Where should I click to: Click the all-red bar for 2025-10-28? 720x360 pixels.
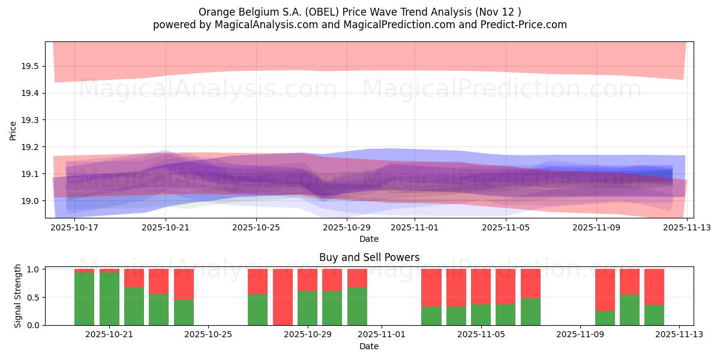[x=283, y=297]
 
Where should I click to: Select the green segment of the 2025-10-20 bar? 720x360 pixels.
[x=85, y=299]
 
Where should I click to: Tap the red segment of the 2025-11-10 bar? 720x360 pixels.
[x=605, y=290]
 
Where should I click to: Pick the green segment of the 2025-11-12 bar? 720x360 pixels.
[x=655, y=315]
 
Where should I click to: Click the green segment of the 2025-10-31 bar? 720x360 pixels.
[x=357, y=306]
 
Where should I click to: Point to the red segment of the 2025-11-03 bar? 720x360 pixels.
[x=431, y=288]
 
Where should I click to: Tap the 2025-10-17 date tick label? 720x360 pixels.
[x=74, y=228]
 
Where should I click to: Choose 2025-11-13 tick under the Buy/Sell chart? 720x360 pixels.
[x=679, y=335]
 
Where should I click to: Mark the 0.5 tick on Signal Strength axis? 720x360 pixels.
[x=34, y=298]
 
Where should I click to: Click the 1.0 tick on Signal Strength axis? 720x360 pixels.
[x=34, y=269]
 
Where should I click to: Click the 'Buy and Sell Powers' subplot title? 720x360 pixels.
[x=369, y=257]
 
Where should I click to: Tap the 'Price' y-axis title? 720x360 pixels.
[x=13, y=130]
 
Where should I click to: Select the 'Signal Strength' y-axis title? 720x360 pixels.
[x=18, y=296]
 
